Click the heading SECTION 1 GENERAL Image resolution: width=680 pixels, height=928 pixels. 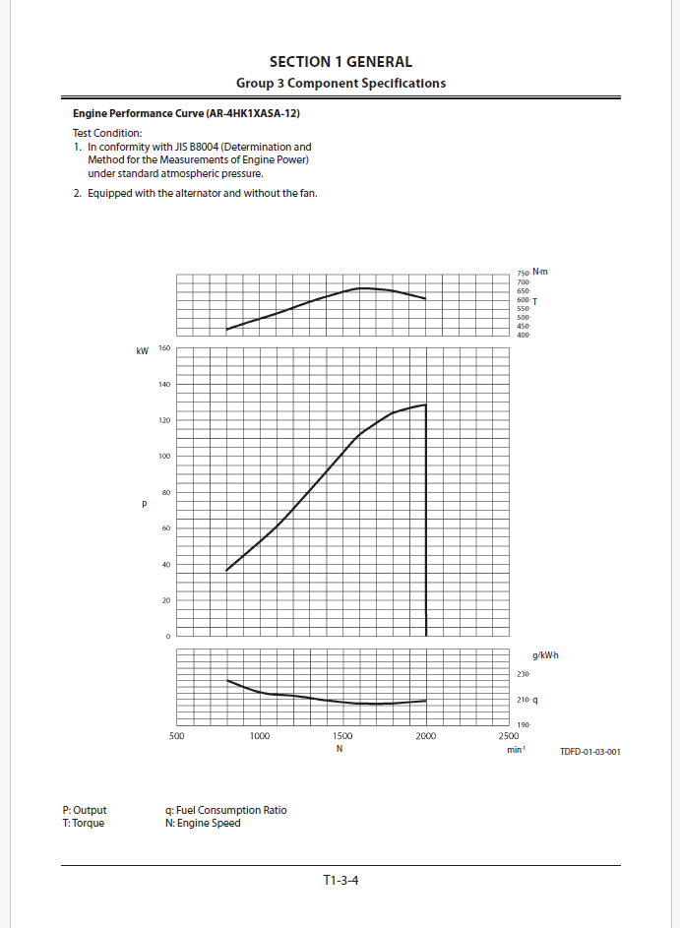pos(340,62)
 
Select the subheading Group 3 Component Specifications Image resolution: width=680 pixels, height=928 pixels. pos(340,83)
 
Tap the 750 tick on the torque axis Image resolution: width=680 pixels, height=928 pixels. pos(523,272)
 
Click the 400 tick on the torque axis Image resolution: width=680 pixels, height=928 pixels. pos(523,336)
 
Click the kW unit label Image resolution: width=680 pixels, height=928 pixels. pos(142,350)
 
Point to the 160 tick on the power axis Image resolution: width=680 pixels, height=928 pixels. pos(163,348)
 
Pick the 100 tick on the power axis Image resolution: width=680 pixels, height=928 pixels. pos(163,457)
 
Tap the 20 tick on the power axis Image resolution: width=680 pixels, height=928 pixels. pos(164,600)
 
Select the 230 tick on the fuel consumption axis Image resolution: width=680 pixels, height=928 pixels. pos(524,674)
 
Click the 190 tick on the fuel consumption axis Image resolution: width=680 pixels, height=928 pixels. pos(524,725)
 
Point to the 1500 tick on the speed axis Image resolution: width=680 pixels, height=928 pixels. pos(342,736)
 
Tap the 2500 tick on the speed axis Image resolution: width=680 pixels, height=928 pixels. pos(509,736)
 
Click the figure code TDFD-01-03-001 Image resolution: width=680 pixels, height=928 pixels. pos(589,751)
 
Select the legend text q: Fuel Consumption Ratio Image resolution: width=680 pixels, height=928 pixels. pos(226,810)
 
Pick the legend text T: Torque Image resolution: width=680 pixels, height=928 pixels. pos(83,823)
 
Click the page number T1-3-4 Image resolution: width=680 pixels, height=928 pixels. pos(340,880)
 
